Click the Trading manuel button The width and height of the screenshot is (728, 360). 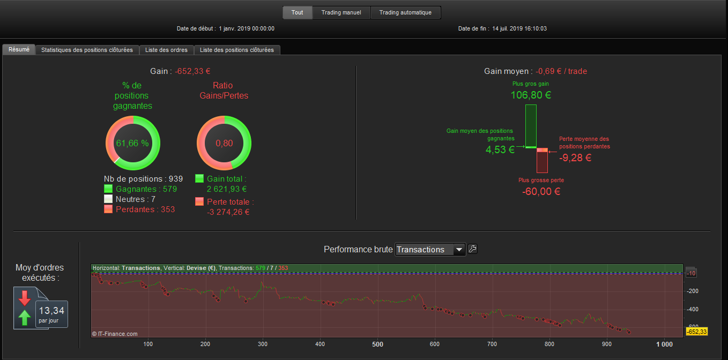click(x=341, y=13)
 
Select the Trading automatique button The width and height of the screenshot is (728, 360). click(x=405, y=13)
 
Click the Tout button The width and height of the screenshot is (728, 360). click(x=297, y=13)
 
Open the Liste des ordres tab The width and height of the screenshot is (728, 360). click(x=166, y=50)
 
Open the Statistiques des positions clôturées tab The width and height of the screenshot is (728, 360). click(x=87, y=50)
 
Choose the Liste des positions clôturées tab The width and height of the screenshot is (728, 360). click(x=236, y=50)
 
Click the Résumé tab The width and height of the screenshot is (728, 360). click(x=19, y=49)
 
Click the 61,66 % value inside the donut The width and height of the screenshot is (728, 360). click(x=132, y=143)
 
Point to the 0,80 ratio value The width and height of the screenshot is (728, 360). click(x=224, y=143)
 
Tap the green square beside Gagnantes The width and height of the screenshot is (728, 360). click(x=108, y=189)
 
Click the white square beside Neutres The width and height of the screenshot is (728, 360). click(x=108, y=199)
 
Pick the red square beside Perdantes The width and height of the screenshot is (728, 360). click(x=108, y=209)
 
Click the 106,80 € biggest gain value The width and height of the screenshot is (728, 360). click(x=531, y=95)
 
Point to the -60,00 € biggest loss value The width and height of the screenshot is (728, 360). click(x=541, y=191)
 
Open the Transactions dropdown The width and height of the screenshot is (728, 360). click(x=430, y=250)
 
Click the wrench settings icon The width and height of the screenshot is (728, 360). click(x=472, y=249)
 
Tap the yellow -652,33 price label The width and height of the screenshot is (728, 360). click(x=697, y=332)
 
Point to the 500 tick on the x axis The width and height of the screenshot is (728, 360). click(x=377, y=344)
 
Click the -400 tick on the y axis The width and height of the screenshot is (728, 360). click(x=692, y=309)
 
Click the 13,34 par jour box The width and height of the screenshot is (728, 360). click(x=51, y=314)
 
